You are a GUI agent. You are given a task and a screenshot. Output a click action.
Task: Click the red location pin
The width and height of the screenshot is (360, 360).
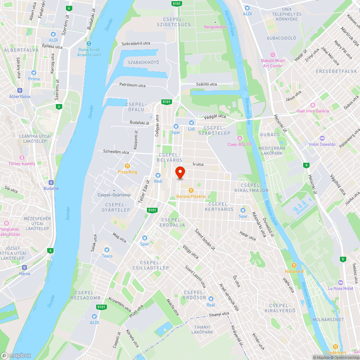pos(180,172)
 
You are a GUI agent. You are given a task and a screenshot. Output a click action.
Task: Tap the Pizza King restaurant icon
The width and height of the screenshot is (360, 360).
pos(127,166)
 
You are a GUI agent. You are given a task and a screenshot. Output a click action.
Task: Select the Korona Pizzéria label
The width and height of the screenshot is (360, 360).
pos(191,197)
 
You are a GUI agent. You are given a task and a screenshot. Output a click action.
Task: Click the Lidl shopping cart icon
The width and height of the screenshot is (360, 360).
pos(192,122)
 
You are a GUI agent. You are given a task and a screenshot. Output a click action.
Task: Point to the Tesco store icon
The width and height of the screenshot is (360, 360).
pos(107,250)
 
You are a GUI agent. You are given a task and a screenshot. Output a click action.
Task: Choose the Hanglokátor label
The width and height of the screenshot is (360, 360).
pos(215,27)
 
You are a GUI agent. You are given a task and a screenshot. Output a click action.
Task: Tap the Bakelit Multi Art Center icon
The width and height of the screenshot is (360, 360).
pos(273,55)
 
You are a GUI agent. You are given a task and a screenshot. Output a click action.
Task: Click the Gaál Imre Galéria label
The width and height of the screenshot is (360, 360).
pos(312,111)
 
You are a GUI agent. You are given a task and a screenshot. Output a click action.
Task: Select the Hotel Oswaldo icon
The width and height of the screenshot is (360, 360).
pos(322,138)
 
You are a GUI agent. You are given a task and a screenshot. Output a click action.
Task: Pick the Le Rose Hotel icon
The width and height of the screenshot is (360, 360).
pos(341,282)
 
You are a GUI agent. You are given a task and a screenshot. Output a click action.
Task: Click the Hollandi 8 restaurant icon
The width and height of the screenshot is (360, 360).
pos(294,265)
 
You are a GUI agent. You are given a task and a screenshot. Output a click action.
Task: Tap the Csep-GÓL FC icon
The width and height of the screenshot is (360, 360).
pos(240,138)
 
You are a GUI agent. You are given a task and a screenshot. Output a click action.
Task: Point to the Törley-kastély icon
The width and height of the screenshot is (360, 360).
pos(22,158)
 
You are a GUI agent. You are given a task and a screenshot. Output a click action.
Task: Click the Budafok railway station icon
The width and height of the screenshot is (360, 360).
pos(51,183)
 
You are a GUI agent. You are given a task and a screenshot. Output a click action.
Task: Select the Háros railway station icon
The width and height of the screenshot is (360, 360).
pos(25,267)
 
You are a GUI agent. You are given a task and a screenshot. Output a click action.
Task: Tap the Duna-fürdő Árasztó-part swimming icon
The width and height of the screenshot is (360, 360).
pos(84,43)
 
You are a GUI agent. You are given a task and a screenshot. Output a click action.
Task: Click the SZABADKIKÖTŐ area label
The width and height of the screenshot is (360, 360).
pos(143,63)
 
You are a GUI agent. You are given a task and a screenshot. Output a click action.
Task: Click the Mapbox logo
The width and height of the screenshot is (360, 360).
pos(16,355)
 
